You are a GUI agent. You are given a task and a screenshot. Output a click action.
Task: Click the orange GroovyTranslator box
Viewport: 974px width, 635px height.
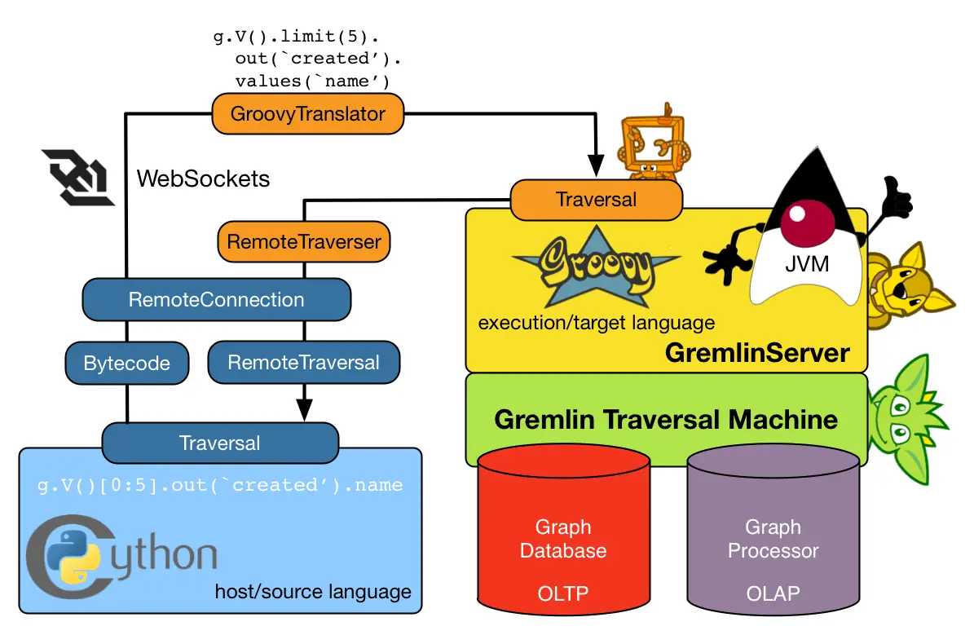308,114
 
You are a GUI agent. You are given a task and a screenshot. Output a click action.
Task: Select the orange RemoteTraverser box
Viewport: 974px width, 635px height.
303,242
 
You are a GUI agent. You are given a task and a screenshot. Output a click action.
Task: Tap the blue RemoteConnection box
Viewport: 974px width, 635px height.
217,300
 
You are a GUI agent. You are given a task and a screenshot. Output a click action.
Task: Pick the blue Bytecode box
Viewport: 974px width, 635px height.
126,363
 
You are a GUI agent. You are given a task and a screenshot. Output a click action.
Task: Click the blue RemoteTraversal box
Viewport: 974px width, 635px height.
303,363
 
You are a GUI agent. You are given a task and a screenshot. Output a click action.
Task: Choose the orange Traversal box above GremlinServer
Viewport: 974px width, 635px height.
596,200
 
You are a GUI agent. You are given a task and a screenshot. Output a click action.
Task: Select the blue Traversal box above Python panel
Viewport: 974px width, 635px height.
219,443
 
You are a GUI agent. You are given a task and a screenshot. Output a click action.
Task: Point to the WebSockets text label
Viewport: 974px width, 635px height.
203,179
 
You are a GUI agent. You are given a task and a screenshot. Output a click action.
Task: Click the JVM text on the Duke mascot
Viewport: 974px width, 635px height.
807,265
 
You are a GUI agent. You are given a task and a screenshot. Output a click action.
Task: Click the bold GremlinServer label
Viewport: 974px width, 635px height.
757,353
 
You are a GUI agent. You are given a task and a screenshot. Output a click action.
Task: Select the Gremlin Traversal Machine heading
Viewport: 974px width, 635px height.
666,419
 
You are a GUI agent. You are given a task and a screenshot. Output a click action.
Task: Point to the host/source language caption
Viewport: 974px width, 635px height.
313,591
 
